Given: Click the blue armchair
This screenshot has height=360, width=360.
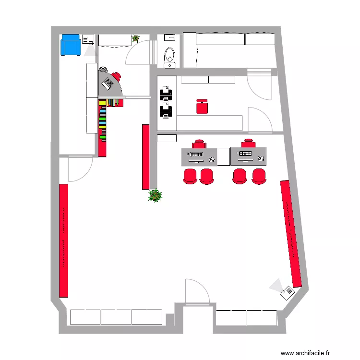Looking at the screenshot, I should point(70,45).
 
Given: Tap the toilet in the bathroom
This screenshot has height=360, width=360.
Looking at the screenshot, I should point(169,56).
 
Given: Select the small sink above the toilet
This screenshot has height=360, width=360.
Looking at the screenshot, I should point(169,37).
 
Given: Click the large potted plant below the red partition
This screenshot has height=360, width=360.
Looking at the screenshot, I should point(155,195).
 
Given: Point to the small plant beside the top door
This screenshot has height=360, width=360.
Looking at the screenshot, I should point(135,38).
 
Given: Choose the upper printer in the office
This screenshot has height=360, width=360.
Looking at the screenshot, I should point(165,92).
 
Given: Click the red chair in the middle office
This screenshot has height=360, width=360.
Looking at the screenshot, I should point(203,106).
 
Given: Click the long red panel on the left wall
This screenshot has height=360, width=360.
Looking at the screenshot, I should point(63,240).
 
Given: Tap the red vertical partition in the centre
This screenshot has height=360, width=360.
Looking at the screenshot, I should point(145,157).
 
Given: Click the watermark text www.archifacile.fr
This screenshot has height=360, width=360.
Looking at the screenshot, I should point(306,353).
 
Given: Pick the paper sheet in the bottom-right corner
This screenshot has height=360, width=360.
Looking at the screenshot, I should point(287,292).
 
